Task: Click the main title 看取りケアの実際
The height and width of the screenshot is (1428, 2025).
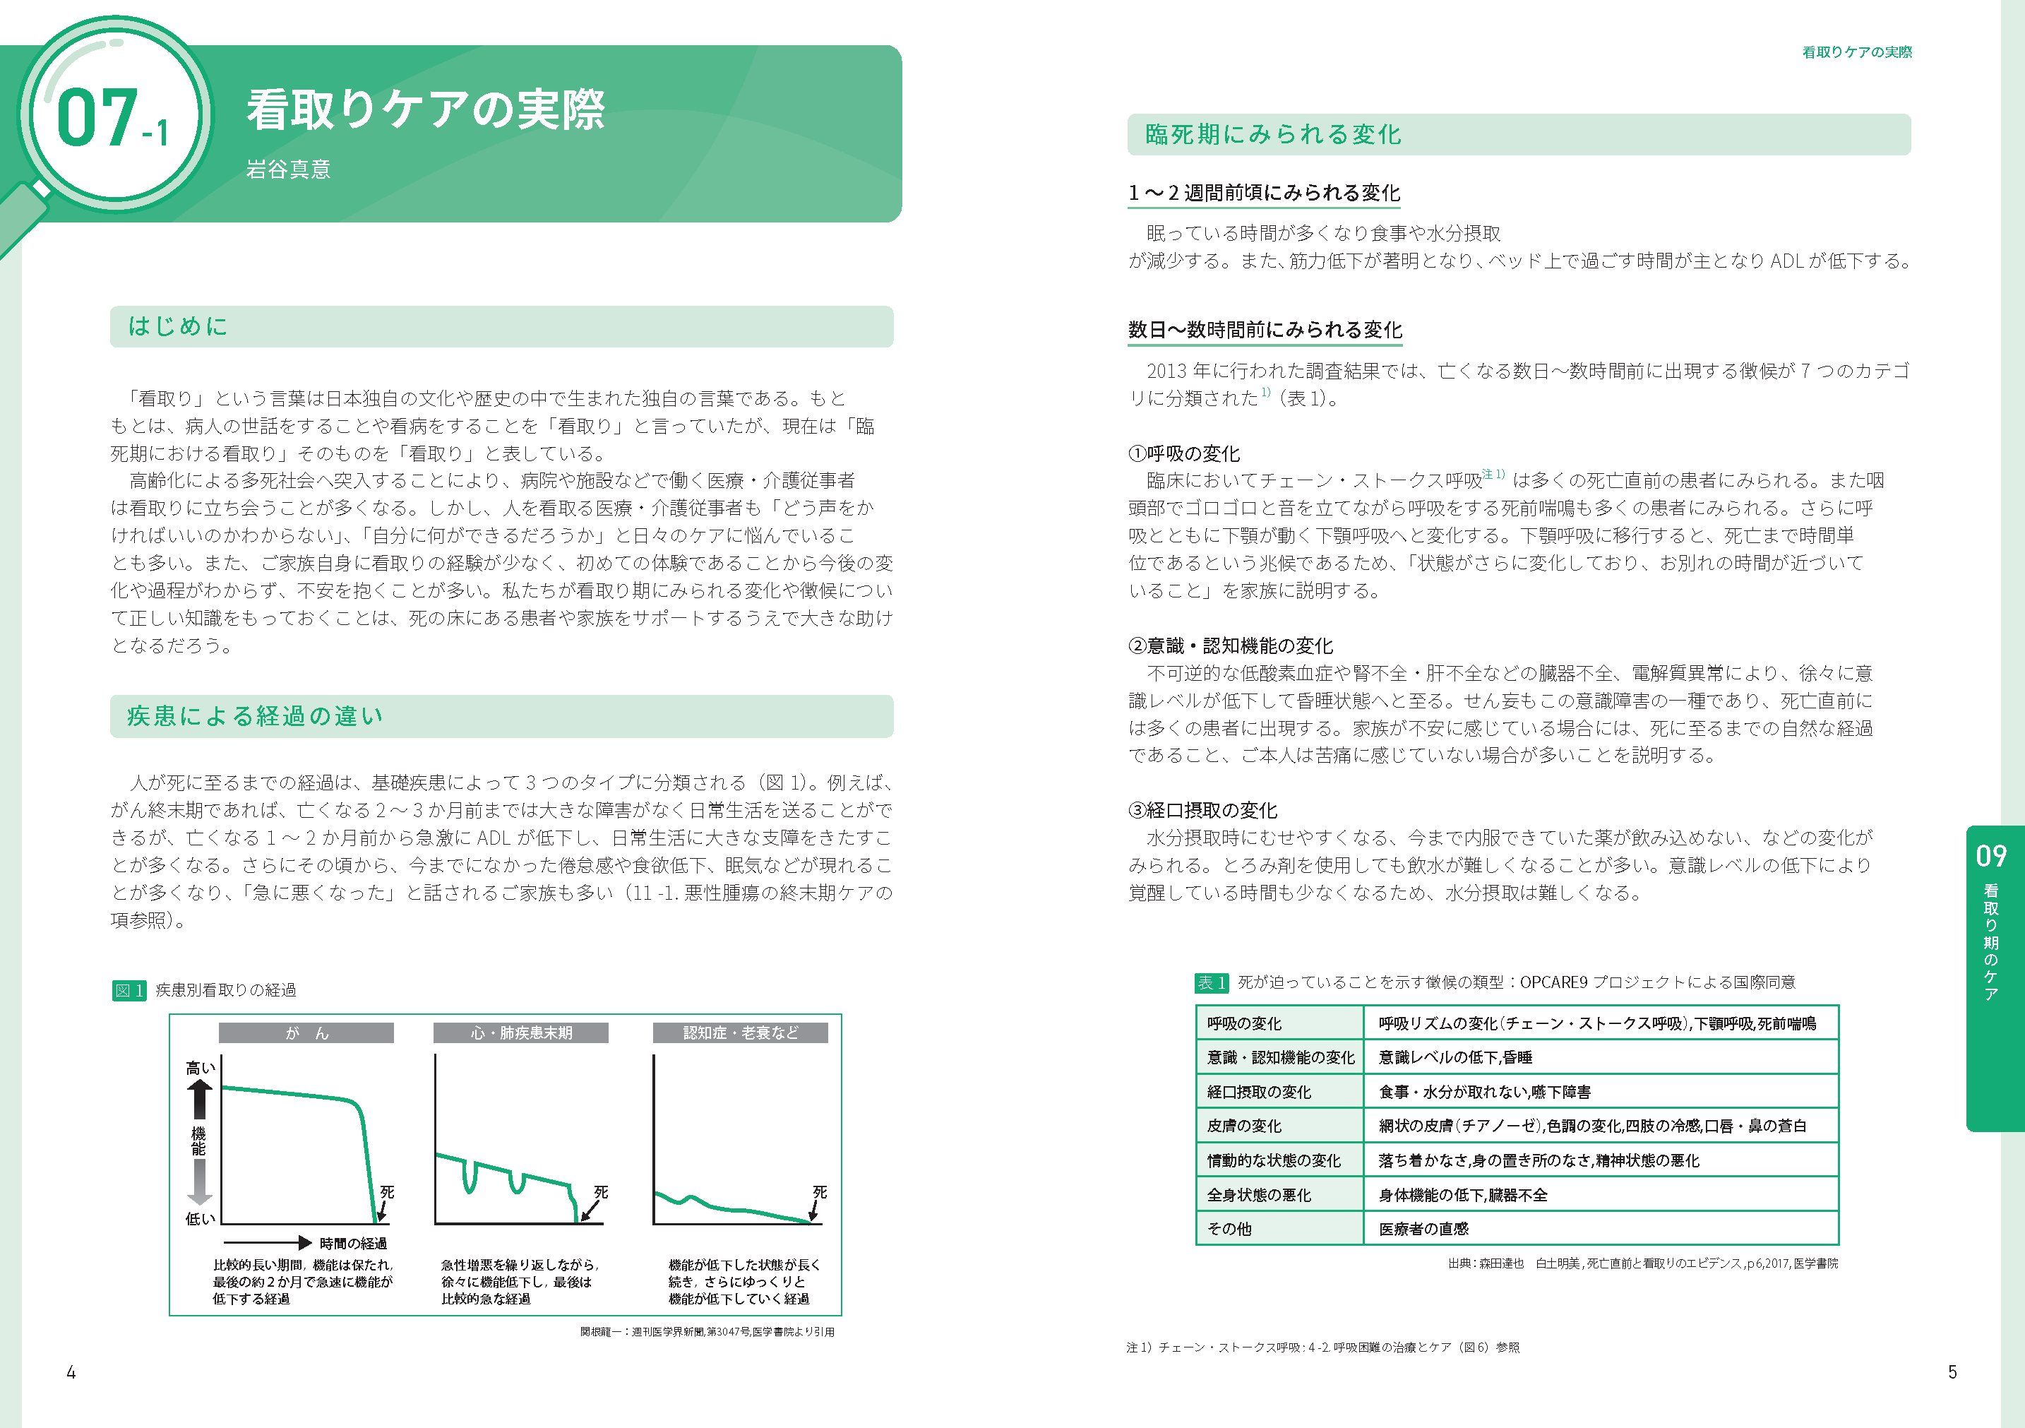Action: tap(425, 110)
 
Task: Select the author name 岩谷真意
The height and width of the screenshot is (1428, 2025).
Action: tap(287, 169)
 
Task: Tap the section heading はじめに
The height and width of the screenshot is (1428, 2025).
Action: tap(177, 326)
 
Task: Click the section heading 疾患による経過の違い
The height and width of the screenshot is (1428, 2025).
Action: tap(255, 715)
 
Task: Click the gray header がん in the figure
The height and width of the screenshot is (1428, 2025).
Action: tap(306, 1033)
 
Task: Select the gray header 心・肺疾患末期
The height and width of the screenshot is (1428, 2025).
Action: tap(520, 1033)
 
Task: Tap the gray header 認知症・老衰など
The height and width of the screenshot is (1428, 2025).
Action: tap(740, 1033)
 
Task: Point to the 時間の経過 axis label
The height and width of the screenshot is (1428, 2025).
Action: tap(353, 1243)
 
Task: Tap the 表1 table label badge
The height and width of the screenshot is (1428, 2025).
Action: tap(1211, 982)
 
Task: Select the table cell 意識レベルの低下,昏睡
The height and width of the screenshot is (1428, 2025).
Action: tap(1455, 1057)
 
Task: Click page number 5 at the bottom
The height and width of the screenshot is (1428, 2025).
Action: tap(1952, 1372)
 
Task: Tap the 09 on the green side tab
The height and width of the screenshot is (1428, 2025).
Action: tap(1990, 855)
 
